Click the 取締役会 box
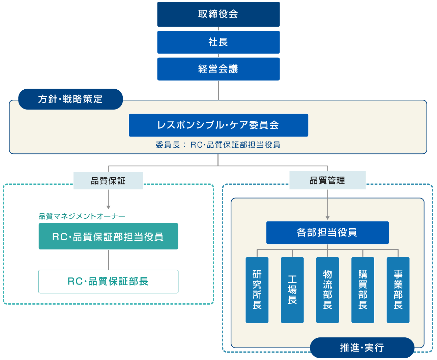pos(218,14)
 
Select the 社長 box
pos(218,42)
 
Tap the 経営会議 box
pos(218,69)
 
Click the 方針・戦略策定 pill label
pos(70,99)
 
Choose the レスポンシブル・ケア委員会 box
pos(218,125)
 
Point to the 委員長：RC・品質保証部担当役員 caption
pos(218,145)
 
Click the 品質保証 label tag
pos(108,181)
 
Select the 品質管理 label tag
pos(327,180)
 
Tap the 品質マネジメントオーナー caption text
pos(82,216)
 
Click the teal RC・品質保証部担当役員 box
pos(108,237)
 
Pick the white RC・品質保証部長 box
pos(108,281)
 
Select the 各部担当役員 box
pos(327,233)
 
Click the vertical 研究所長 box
pos(257,290)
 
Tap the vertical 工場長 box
pos(292,290)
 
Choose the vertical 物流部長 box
pos(327,290)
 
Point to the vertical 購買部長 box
pos(362,290)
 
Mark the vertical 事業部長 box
pos(398,290)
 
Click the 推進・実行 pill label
pos(362,348)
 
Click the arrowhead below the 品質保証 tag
pos(108,207)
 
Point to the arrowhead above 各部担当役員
pos(327,218)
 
